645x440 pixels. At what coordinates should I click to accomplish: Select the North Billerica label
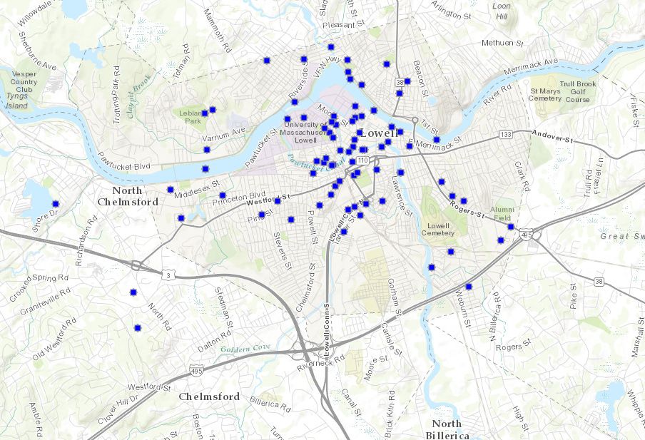pyautogui.click(x=446, y=429)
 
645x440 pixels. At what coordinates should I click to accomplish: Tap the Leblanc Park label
pyautogui.click(x=191, y=117)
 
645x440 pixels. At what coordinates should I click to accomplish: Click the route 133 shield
pyautogui.click(x=507, y=135)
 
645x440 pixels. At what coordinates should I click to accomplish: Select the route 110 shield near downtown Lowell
pyautogui.click(x=362, y=160)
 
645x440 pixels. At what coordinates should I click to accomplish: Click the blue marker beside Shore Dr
pyautogui.click(x=55, y=204)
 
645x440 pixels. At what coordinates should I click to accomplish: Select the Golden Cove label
pyautogui.click(x=245, y=347)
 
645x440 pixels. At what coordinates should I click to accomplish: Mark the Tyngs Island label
pyautogui.click(x=16, y=100)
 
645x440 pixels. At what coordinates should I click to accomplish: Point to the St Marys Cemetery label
pyautogui.click(x=545, y=94)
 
